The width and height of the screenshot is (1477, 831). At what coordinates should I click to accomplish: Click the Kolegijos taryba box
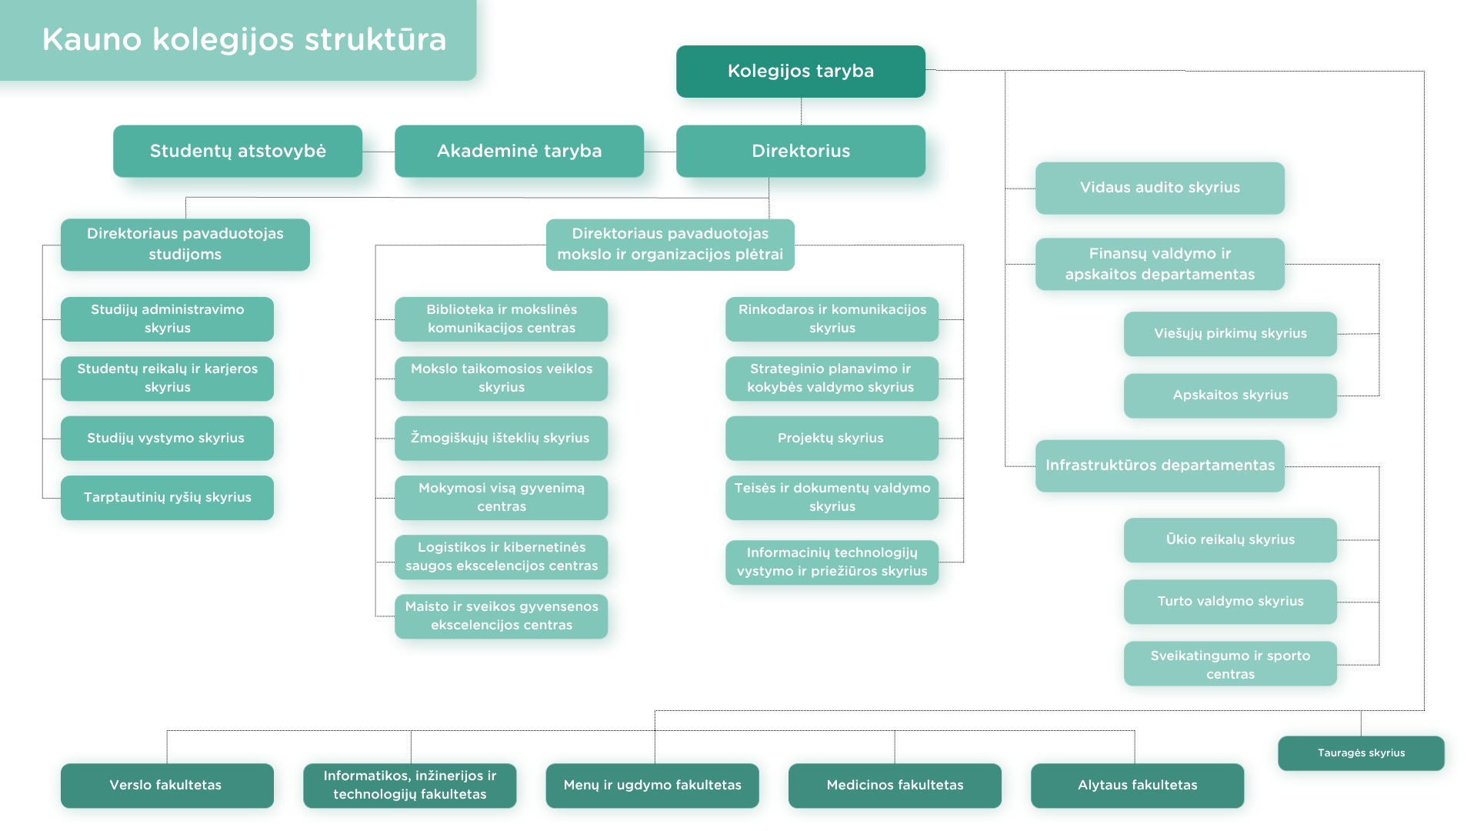800,72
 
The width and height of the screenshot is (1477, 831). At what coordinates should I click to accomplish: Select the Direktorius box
800,152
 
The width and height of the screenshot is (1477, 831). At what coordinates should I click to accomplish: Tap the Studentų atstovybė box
238,152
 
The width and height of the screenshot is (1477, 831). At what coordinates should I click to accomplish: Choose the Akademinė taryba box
519,152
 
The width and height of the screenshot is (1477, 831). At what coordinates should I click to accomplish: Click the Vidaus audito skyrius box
1159,188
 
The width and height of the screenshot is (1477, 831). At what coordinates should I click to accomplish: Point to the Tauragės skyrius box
1361,753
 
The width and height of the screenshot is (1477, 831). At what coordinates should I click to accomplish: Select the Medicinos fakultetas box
895,786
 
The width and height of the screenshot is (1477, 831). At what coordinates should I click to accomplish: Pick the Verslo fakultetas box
167,786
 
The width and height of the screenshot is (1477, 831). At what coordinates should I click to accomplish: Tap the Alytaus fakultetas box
1137,786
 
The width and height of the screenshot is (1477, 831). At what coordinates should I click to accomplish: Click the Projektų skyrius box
832,439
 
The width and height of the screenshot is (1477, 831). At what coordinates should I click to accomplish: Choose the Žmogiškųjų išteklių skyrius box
501,439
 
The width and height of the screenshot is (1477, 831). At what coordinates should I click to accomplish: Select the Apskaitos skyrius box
1230,395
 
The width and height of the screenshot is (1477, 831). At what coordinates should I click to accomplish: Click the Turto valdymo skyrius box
1230,602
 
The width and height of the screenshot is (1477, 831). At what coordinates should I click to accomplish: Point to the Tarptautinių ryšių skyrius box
167,498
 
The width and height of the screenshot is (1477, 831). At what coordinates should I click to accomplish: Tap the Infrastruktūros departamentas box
1159,466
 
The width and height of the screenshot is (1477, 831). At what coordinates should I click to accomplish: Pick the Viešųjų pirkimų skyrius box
1230,334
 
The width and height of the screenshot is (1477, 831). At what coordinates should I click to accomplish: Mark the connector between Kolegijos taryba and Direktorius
801,112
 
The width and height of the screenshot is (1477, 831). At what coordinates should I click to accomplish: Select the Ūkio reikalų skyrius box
1230,540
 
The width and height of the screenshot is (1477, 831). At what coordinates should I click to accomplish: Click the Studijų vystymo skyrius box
167,439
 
